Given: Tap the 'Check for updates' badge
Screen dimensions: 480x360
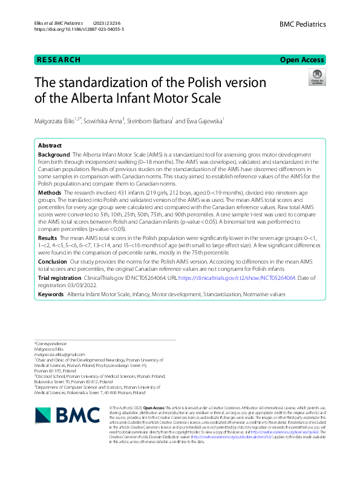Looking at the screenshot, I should pos(316,77).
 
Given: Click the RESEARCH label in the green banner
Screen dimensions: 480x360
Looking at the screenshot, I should pos(59,60).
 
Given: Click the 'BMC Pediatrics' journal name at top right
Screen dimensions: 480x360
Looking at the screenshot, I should pos(303,24).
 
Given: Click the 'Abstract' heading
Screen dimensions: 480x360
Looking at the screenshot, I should pos(50,146).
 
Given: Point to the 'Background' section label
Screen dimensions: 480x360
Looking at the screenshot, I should pos(54,156).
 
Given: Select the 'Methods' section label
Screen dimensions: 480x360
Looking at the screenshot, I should pos(50,191).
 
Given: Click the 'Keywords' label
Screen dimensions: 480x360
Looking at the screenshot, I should pos(51,294).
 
